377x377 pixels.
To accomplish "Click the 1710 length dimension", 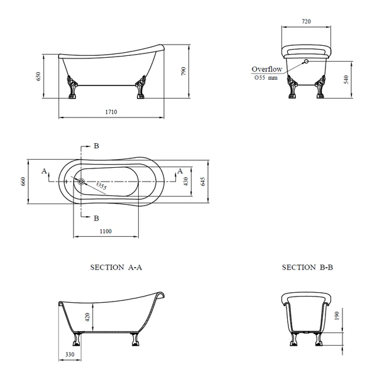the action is click(x=111, y=112).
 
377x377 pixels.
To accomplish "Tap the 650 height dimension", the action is click(x=38, y=76).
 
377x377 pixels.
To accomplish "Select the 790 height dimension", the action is click(x=183, y=71).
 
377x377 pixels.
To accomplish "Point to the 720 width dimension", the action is click(x=306, y=21).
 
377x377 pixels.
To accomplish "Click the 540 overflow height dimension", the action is click(x=346, y=80).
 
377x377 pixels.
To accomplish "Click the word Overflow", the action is click(x=267, y=69).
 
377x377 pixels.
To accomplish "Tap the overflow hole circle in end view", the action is click(x=307, y=62).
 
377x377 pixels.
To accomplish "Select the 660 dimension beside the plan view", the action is click(x=23, y=182).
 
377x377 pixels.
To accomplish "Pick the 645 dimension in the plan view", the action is click(x=202, y=182).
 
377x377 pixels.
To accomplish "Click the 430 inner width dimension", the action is click(x=186, y=182).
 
